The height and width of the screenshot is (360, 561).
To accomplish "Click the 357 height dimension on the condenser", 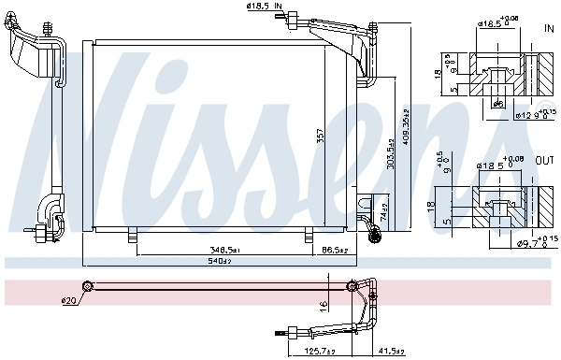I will (x=320, y=137).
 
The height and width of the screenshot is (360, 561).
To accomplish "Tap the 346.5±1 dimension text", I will (x=224, y=251).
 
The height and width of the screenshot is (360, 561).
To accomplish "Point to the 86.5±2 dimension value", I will (x=335, y=251).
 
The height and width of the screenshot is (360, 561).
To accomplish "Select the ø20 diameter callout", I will (x=67, y=300).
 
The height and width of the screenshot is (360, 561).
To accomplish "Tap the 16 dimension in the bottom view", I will (x=322, y=305).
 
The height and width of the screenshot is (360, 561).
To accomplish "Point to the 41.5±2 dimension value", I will (x=390, y=352).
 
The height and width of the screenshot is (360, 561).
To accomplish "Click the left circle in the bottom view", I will (x=87, y=286).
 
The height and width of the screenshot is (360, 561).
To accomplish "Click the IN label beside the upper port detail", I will (x=549, y=29).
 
